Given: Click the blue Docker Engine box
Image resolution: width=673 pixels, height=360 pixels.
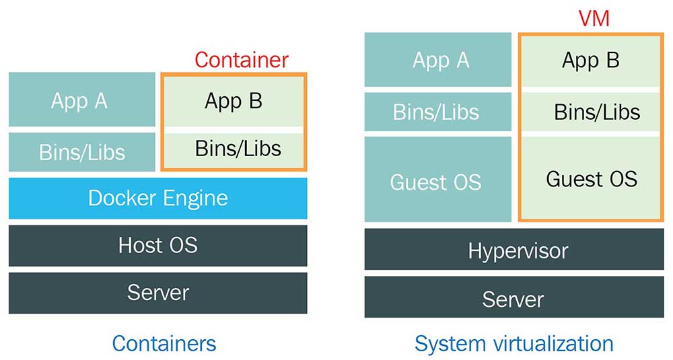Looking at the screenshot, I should pos(157,199).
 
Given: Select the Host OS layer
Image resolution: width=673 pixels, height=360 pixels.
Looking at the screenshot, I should pos(157,245).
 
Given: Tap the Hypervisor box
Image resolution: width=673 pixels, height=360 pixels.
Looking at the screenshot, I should pos(513,251).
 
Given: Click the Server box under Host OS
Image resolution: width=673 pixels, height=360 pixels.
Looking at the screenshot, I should pos(157,293).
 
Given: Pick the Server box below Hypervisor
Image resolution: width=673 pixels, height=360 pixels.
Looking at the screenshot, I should pos(513,297).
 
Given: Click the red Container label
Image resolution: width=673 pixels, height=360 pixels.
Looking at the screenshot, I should pos(242,60).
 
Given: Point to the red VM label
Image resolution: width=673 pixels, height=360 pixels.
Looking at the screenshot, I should pos(594,19).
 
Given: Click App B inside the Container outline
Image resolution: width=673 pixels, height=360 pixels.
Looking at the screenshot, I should pos(234,101).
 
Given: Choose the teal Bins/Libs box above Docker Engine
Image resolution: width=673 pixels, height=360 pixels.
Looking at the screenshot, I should pos(81,151).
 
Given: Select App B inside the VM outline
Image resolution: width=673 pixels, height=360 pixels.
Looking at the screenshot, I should pos(590,61).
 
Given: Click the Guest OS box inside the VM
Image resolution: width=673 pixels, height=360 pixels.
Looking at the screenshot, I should pos(591,178).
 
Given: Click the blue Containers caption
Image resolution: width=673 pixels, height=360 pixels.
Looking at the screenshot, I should pos(164,343).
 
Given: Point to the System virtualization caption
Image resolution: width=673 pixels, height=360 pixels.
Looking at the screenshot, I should pos(513,343).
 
